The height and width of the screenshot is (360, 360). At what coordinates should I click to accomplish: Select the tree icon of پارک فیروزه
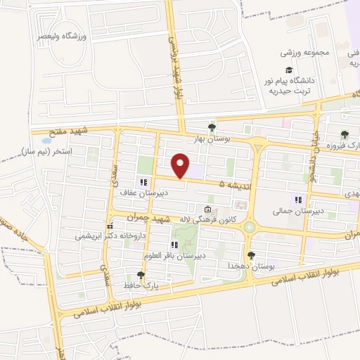[x=344, y=135]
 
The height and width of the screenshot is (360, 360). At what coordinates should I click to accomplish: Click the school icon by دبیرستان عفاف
[x=134, y=182]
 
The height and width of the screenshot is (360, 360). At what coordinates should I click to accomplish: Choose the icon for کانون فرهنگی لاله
[x=207, y=209]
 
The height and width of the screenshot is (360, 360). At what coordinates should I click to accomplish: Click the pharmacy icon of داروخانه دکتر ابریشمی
[x=110, y=226]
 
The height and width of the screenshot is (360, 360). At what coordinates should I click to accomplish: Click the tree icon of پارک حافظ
[x=141, y=274]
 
